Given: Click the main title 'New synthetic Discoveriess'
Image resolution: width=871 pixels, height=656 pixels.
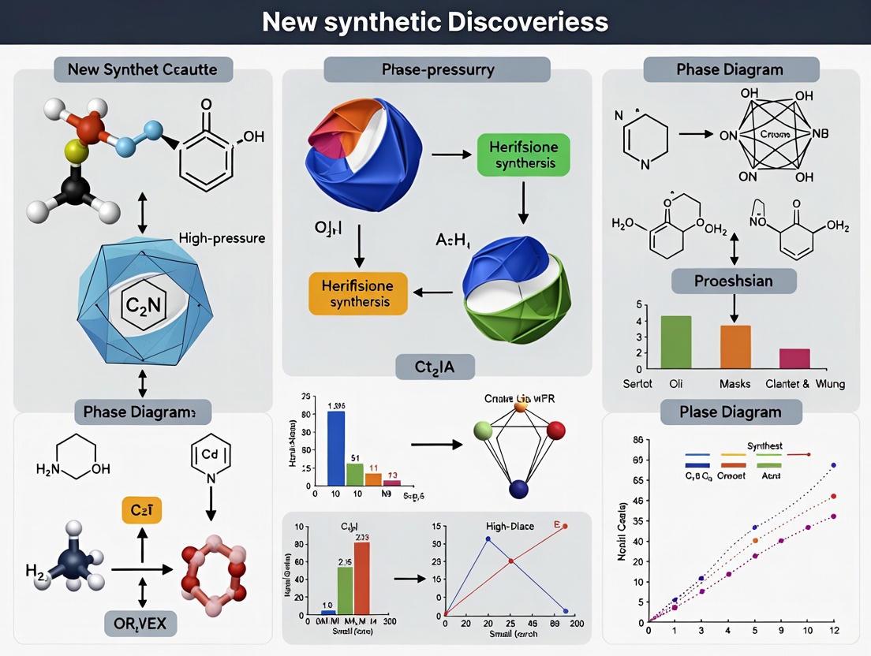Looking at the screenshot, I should click(x=435, y=21).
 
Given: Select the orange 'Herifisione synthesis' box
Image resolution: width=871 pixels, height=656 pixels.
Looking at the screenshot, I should click(x=358, y=293).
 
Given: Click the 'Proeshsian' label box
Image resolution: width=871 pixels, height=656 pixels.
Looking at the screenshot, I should click(x=734, y=281).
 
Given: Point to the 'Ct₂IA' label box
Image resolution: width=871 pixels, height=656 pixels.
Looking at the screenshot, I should click(x=435, y=366).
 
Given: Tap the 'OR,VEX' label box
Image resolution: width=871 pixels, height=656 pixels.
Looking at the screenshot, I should click(x=142, y=624).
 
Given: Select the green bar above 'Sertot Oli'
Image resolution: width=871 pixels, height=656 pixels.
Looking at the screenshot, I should click(x=675, y=342).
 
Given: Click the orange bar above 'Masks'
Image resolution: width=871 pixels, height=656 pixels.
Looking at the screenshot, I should click(x=735, y=347).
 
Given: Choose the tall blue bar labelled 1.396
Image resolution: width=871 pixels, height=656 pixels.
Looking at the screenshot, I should click(x=335, y=447).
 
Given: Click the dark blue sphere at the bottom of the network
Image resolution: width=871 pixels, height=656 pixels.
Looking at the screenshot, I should click(x=518, y=490).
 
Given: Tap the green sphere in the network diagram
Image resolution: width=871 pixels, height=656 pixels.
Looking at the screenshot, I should click(x=483, y=430).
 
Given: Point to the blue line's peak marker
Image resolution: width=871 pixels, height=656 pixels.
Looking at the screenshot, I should click(x=488, y=539).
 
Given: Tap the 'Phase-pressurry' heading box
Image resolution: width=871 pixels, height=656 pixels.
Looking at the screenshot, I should click(x=437, y=69).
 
